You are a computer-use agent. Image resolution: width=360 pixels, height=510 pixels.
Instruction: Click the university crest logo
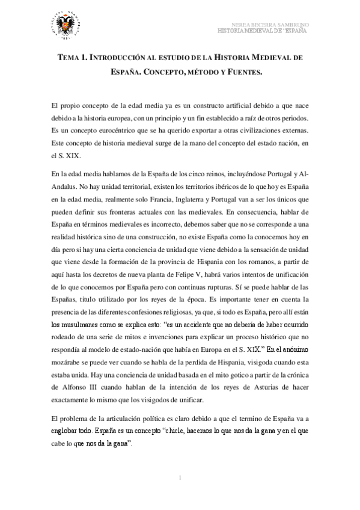click(x=63, y=25)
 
